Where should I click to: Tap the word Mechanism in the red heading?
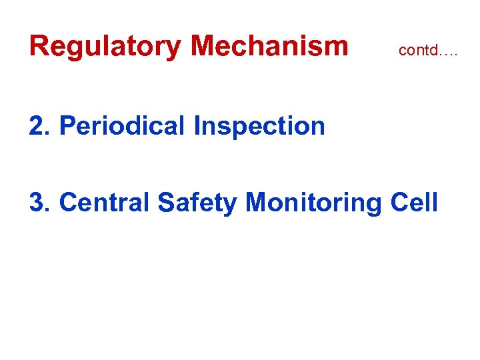pyautogui.click(x=269, y=46)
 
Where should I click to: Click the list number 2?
pyautogui.click(x=37, y=125)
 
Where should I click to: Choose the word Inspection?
pyautogui.click(x=259, y=126)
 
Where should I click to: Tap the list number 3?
pyautogui.click(x=37, y=202)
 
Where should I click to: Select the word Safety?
pyautogui.click(x=197, y=203)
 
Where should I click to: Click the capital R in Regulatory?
pyautogui.click(x=39, y=46)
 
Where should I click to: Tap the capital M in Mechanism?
pyautogui.click(x=203, y=46)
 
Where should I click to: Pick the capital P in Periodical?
pyautogui.click(x=68, y=125)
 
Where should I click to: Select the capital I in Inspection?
pyautogui.click(x=197, y=125)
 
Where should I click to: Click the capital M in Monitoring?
pyautogui.click(x=257, y=202)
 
